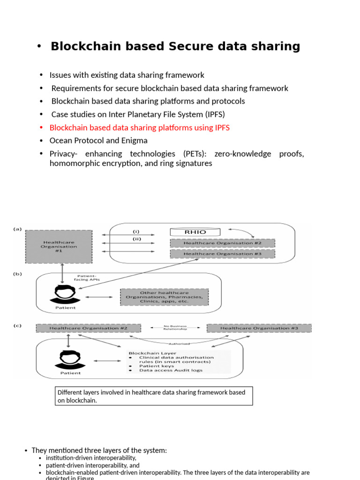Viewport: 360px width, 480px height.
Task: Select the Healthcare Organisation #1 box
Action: [58, 247]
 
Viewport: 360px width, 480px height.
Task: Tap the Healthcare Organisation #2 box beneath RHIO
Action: [222, 243]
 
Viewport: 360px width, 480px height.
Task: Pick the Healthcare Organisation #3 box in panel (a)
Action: [222, 254]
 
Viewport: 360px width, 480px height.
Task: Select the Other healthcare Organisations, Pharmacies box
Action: [164, 297]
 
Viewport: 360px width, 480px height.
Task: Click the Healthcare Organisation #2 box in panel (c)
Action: [88, 328]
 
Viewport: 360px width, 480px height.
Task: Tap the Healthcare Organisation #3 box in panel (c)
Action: [259, 328]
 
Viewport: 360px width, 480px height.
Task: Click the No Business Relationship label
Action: [175, 328]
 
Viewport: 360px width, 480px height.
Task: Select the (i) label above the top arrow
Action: [136, 231]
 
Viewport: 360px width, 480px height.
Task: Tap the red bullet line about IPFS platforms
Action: [139, 127]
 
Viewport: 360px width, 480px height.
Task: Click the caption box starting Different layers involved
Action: [154, 396]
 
